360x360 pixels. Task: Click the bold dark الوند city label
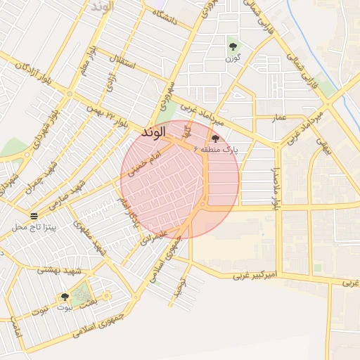click(x=153, y=131)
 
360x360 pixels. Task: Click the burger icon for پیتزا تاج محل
click(x=34, y=214)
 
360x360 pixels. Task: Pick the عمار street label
click(x=280, y=118)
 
